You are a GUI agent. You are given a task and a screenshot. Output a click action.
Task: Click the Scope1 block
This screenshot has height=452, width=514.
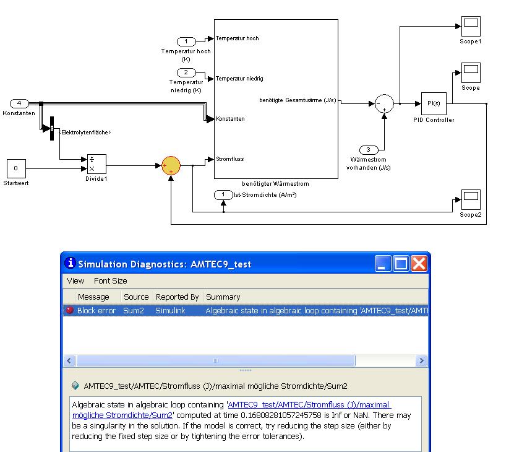click(471, 27)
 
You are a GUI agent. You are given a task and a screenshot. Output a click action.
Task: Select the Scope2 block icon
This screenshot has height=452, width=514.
click(471, 200)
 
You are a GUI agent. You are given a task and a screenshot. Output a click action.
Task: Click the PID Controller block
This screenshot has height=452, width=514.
click(434, 103)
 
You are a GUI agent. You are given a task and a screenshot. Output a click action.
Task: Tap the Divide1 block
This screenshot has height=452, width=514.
click(96, 164)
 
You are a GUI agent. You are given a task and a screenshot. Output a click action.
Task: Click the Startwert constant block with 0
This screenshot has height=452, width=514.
click(16, 168)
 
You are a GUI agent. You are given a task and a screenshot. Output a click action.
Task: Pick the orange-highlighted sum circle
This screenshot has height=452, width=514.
click(171, 165)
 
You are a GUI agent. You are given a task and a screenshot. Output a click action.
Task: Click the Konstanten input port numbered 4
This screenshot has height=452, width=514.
click(19, 103)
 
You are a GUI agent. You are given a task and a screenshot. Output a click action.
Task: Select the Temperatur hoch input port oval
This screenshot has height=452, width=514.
click(186, 41)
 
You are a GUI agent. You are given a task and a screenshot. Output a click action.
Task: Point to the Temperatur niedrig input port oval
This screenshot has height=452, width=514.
click(186, 73)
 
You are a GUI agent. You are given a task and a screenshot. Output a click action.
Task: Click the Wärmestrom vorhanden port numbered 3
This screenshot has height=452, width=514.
click(369, 150)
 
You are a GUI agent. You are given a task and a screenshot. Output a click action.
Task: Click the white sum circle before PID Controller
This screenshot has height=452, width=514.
click(384, 103)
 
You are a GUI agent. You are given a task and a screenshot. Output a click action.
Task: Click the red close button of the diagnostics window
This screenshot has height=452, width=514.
click(419, 264)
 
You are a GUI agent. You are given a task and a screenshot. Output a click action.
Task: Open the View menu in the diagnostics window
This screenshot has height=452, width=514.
click(75, 280)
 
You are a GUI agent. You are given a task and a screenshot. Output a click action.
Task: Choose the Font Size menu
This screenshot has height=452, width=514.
click(111, 280)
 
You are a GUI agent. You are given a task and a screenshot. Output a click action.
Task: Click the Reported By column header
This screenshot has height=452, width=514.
click(177, 297)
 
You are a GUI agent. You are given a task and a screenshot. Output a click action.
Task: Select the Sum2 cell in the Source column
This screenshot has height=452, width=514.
click(134, 310)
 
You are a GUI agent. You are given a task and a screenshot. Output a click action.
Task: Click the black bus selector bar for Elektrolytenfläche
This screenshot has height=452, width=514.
click(51, 128)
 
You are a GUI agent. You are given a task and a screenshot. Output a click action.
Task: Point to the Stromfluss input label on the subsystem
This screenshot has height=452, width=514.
click(229, 159)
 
